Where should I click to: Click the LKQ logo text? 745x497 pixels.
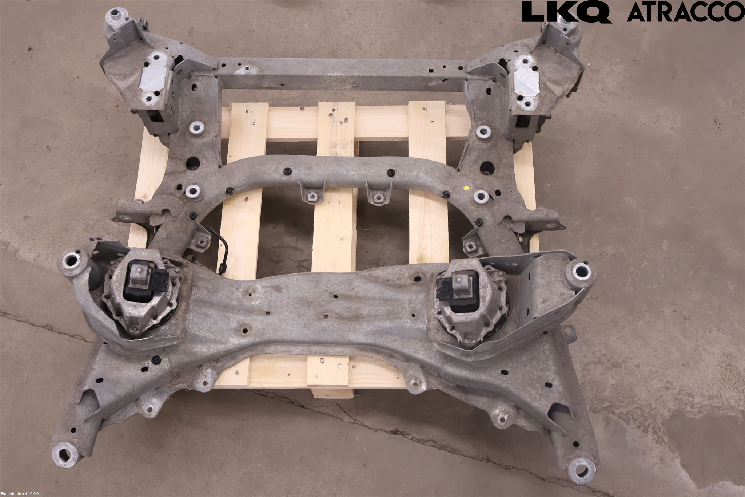pyautogui.click(x=566, y=12)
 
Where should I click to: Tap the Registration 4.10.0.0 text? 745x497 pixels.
pyautogui.click(x=20, y=494)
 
